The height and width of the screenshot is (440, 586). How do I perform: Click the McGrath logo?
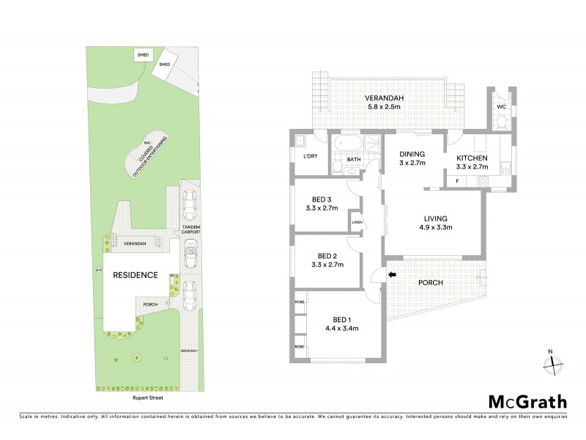tap(527, 401)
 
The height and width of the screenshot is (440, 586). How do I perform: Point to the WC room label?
tap(502, 107)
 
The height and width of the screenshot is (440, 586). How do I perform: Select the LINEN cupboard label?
tap(357, 222)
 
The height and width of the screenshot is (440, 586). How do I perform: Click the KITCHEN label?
tap(473, 158)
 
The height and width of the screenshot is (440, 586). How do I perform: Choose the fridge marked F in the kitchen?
tap(458, 180)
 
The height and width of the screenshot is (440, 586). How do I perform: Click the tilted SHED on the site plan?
tap(165, 65)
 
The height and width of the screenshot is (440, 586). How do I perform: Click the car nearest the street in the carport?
tap(190, 293)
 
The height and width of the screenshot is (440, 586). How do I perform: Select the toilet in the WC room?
tap(502, 121)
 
